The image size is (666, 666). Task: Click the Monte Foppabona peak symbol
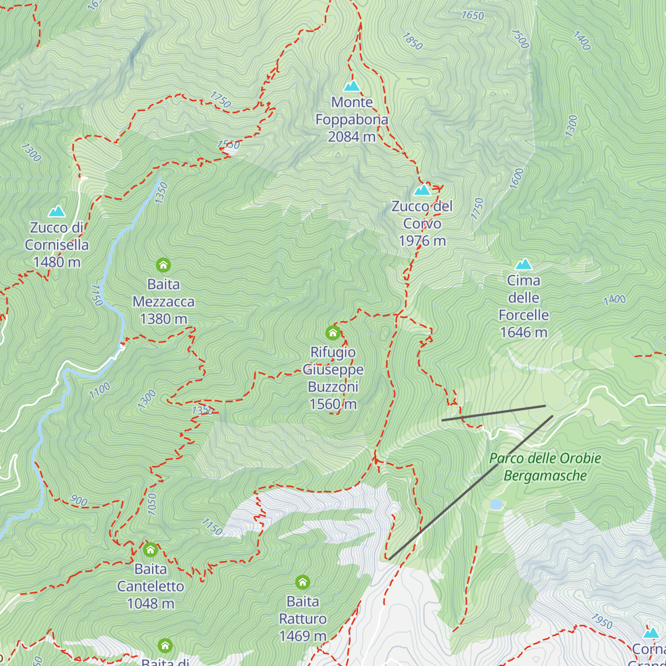coord(352,86)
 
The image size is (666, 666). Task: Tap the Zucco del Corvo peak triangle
coord(422,190)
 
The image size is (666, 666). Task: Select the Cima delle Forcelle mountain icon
coord(523,264)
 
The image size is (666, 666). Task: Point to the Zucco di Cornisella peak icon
coord(56,211)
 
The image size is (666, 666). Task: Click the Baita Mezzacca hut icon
coord(163,265)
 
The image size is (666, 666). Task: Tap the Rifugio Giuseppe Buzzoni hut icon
coord(332,332)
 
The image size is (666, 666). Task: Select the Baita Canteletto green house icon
coord(150,550)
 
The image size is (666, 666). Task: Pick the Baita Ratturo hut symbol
coord(302,582)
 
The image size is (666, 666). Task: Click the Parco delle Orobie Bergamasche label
coord(545,467)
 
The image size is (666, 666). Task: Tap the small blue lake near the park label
coord(496,504)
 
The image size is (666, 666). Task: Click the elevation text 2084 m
coord(352,137)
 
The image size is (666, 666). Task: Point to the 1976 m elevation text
coord(422,241)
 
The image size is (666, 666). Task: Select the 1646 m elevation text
coord(523,332)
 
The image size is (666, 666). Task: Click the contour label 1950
coord(602,620)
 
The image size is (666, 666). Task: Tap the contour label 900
coord(78,501)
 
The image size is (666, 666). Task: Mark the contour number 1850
coord(412,41)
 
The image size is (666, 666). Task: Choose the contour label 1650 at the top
coord(472,16)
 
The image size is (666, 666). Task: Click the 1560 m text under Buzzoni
coord(332,404)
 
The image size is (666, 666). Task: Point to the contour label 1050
coord(153,503)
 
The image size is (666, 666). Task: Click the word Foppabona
coord(352,119)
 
